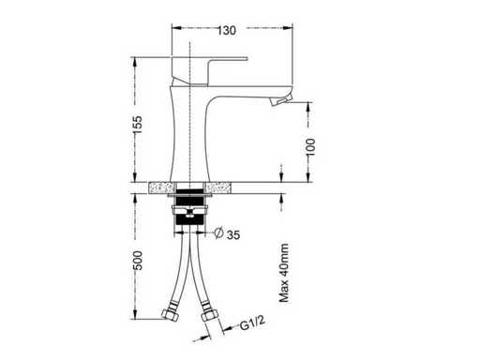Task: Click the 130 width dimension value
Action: (227, 30)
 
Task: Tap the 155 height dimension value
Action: (138, 125)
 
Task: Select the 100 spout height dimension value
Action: (310, 147)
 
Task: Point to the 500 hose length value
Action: (138, 261)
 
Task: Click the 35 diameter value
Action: (233, 234)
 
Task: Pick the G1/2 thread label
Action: (252, 323)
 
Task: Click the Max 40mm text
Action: (284, 273)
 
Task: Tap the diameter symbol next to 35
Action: (218, 232)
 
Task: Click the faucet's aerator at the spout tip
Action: (280, 100)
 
